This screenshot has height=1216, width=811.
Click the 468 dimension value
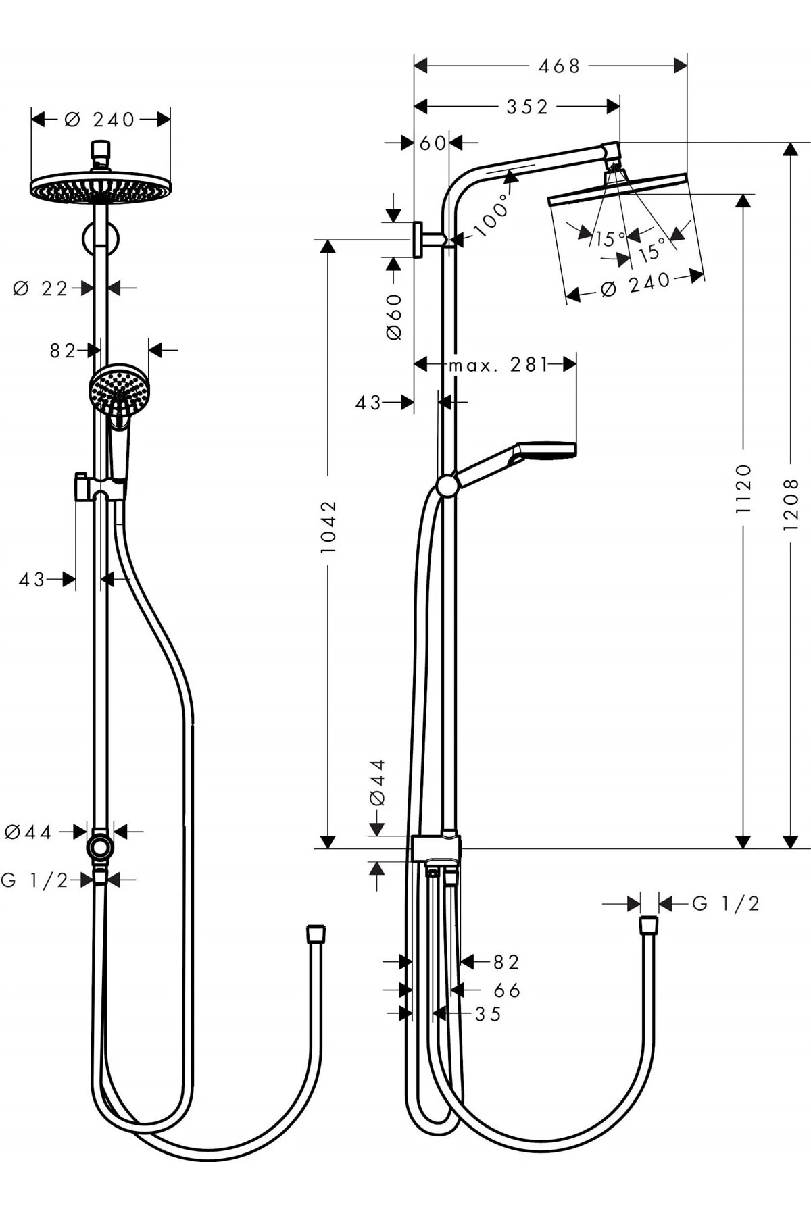coord(559,66)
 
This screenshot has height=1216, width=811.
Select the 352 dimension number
coord(527,107)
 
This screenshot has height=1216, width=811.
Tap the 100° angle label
coord(491,216)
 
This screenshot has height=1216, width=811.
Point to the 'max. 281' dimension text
coord(498,365)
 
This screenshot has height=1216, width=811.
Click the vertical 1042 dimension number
coord(328,527)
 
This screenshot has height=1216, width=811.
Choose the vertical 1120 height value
coord(743,488)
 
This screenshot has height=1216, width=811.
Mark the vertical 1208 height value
coord(791,504)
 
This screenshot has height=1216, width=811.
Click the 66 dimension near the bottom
coord(507,990)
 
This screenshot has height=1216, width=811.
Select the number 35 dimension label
coord(488,1014)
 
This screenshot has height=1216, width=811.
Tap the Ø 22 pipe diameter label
coord(41,289)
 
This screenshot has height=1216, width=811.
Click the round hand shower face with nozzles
coord(119,390)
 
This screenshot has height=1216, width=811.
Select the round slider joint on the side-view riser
coord(447,486)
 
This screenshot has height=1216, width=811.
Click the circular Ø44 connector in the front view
coord(100,846)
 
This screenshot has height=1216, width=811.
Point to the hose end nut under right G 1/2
coord(648,925)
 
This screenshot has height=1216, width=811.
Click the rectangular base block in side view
coord(436,848)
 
